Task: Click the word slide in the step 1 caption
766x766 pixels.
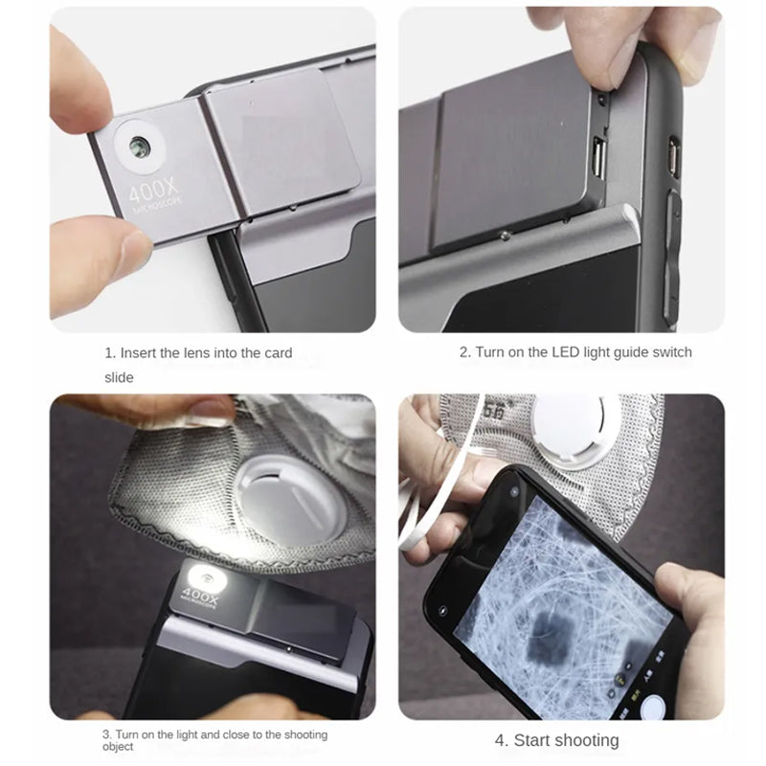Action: coord(119,377)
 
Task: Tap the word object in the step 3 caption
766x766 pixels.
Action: coord(119,747)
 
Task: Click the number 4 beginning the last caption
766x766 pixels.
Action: coord(500,740)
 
